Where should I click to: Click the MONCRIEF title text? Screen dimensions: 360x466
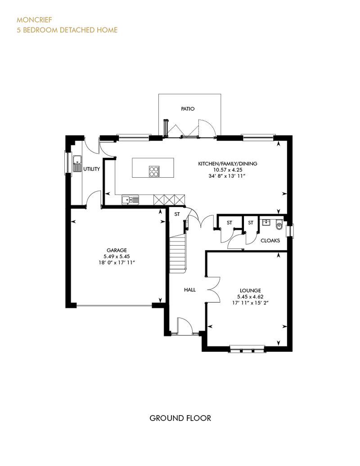click(34, 20)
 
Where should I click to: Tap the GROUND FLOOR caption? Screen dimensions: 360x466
click(180, 418)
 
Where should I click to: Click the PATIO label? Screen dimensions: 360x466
click(188, 109)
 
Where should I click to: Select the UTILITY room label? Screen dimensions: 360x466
click(91, 169)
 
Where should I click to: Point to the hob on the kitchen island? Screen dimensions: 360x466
click(154, 171)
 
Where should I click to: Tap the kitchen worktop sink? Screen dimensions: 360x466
click(130, 199)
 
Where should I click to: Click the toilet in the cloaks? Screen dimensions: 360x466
click(279, 225)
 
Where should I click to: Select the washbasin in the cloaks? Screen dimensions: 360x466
click(266, 222)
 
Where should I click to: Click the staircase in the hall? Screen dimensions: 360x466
click(178, 253)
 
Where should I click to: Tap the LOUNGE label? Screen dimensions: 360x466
click(250, 291)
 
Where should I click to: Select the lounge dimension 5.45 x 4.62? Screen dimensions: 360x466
click(250, 296)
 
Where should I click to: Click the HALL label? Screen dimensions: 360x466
click(189, 290)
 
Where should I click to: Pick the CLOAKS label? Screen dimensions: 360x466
click(270, 241)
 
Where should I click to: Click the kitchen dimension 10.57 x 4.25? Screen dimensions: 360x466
click(228, 170)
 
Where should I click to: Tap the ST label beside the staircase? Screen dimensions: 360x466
click(177, 214)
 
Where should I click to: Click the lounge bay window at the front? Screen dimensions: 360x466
click(247, 349)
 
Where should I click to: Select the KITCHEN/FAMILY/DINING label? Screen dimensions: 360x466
click(228, 163)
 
